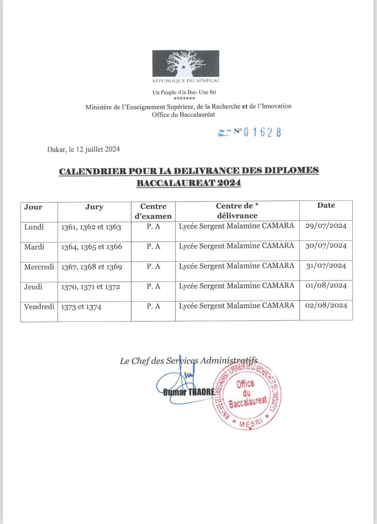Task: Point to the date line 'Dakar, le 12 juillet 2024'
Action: [x=83, y=149]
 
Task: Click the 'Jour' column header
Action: [x=33, y=207]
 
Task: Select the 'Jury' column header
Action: [x=94, y=207]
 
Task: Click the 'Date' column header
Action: [x=326, y=206]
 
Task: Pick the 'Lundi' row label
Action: [x=34, y=227]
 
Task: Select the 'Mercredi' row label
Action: [x=39, y=267]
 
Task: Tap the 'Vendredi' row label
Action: [x=39, y=307]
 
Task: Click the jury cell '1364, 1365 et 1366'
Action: [x=92, y=247]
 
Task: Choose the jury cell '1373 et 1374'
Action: [x=81, y=307]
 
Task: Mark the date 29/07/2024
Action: [x=326, y=226]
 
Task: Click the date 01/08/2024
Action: [x=326, y=286]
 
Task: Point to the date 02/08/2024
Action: [x=326, y=306]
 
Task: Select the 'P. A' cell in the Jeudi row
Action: [x=153, y=286]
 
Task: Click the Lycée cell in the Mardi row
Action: [x=237, y=246]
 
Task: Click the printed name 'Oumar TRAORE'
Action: [x=189, y=393]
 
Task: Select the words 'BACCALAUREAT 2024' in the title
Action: [x=189, y=183]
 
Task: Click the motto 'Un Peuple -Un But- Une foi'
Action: [x=184, y=92]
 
